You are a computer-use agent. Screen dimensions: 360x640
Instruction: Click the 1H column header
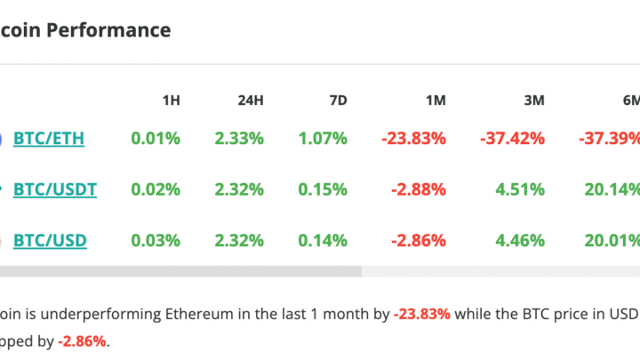coord(170,100)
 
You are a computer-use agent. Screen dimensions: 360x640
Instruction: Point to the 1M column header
coord(436,100)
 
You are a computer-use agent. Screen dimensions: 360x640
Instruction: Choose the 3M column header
coord(533,100)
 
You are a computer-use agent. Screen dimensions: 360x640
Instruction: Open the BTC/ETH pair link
coord(49,139)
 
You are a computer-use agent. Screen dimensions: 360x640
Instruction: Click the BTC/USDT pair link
coord(55,189)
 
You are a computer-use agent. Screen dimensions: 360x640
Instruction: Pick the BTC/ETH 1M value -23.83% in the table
coord(413,139)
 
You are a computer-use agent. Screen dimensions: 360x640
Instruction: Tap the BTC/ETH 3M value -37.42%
coord(511,139)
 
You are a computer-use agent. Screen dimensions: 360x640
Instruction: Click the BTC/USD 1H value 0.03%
coord(156,240)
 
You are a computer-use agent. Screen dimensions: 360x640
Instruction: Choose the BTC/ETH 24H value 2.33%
coord(239,139)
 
